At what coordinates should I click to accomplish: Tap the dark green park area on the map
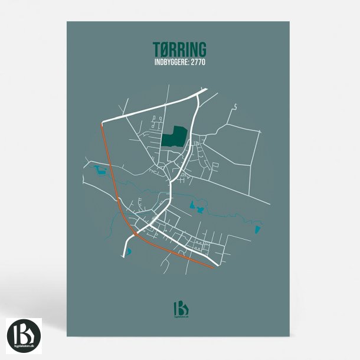(173, 138)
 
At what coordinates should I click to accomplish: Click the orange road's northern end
(103, 124)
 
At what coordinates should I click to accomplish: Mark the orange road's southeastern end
(213, 267)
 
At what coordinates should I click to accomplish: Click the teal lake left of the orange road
(99, 171)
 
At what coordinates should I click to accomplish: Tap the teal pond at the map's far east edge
(257, 229)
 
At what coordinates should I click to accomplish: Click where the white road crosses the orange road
(135, 234)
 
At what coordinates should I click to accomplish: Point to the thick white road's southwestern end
(125, 256)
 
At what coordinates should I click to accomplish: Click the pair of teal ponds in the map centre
(197, 207)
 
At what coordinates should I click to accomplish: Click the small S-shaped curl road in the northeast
(234, 107)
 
